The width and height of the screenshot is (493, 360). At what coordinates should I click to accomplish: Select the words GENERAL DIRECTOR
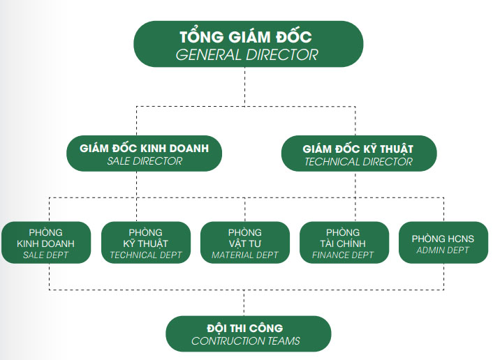[x=248, y=54]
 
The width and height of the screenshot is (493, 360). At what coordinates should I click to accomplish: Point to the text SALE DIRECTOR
[x=145, y=161]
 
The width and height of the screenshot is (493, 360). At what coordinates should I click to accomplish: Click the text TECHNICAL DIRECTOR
[x=358, y=162]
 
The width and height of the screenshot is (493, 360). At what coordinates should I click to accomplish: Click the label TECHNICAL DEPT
[x=146, y=255]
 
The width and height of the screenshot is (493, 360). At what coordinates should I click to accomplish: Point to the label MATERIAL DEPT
[x=245, y=255]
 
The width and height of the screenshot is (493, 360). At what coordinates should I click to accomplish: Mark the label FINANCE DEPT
[x=344, y=255]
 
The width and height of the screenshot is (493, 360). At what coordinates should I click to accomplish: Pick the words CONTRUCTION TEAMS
[x=246, y=341]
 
